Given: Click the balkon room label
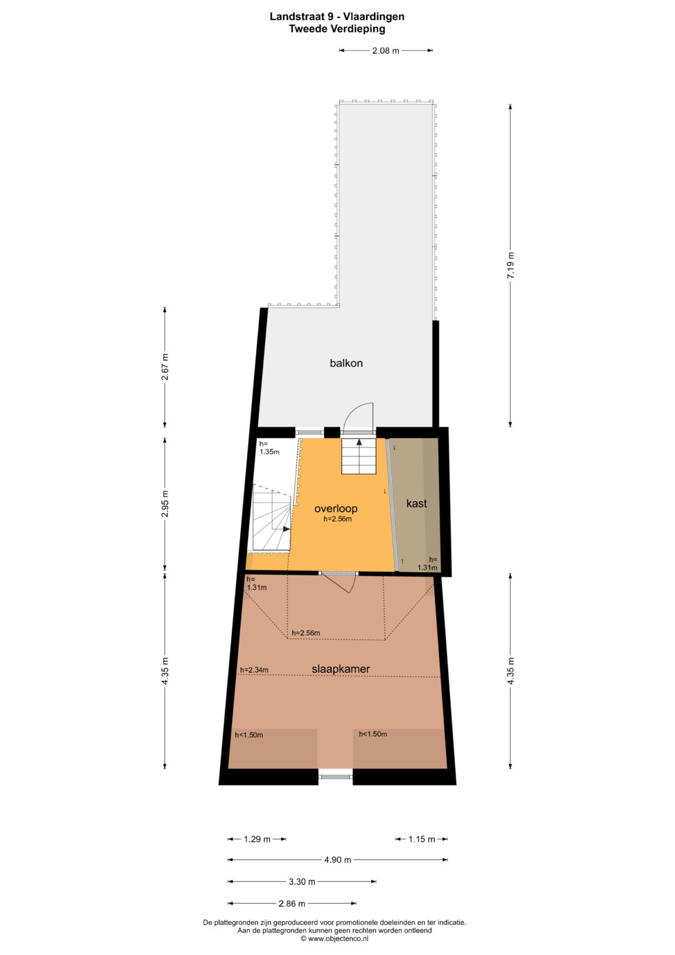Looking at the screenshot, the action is click(346, 363).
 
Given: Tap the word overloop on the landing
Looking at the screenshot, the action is click(336, 508).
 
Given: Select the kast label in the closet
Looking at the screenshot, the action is click(416, 503).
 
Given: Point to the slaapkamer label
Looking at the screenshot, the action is click(341, 669).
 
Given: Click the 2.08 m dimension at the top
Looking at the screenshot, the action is click(386, 51).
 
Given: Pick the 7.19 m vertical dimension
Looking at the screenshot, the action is click(511, 265).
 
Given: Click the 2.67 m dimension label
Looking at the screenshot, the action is click(165, 366).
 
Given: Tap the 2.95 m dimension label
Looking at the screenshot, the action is click(165, 504).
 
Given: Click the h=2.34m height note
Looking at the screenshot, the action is click(254, 670).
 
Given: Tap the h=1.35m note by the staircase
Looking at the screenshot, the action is click(269, 448).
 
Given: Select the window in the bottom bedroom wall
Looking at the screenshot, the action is click(336, 776).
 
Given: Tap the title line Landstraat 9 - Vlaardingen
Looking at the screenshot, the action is click(337, 17).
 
